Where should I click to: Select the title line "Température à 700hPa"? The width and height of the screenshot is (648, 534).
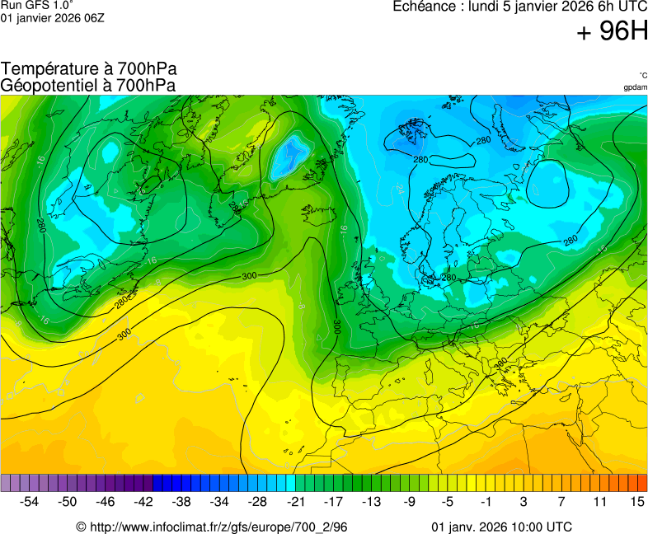pyautogui.click(x=89, y=69)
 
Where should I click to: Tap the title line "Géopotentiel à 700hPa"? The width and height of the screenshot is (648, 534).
pyautogui.click(x=88, y=85)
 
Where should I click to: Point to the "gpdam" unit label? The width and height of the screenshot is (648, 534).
pyautogui.click(x=635, y=87)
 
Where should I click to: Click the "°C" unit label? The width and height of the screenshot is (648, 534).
pyautogui.click(x=642, y=75)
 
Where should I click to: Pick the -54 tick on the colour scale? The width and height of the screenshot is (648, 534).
pyautogui.click(x=30, y=501)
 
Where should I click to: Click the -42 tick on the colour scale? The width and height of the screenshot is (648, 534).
pyautogui.click(x=143, y=501)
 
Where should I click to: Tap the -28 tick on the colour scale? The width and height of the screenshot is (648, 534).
pyautogui.click(x=258, y=501)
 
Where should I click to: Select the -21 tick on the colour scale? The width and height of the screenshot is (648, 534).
pyautogui.click(x=296, y=501)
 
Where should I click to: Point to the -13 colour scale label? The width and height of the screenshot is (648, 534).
pyautogui.click(x=372, y=501)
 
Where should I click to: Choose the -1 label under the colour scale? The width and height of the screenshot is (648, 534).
pyautogui.click(x=486, y=501)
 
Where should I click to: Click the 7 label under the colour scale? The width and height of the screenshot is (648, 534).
pyautogui.click(x=561, y=501)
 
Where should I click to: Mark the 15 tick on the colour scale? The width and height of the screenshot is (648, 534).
pyautogui.click(x=637, y=501)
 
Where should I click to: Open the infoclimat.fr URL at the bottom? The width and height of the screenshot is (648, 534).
pyautogui.click(x=212, y=527)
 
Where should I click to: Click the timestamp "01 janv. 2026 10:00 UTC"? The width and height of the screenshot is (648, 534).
pyautogui.click(x=502, y=527)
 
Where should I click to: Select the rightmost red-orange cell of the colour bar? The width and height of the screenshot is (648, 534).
pyautogui.click(x=642, y=483)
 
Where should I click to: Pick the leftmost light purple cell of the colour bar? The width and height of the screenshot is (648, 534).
pyautogui.click(x=6, y=483)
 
